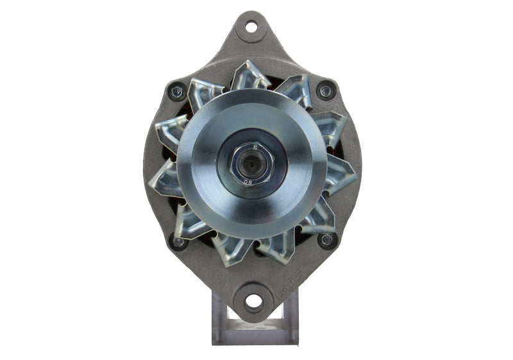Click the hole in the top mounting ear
click(251, 27)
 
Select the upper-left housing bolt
click(176, 92)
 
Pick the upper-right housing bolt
click(326, 90)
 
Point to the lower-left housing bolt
click(178, 242)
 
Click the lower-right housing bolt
click(326, 241)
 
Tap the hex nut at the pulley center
click(251, 163)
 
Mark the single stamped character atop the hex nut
click(255, 146)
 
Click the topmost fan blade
click(251, 75)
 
